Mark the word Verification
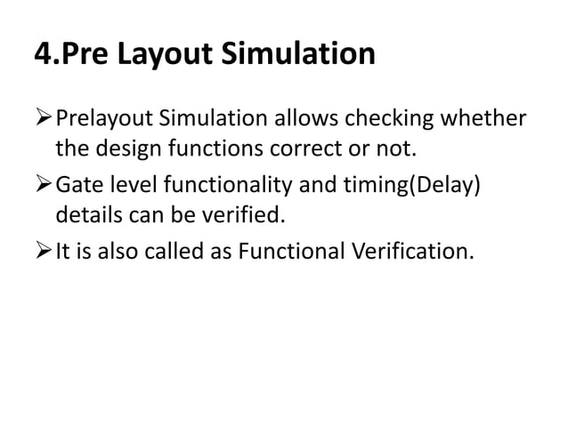point(417,251)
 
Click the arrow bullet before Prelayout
point(44,118)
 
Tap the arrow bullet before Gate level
point(44,184)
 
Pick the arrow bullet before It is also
point(44,251)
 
